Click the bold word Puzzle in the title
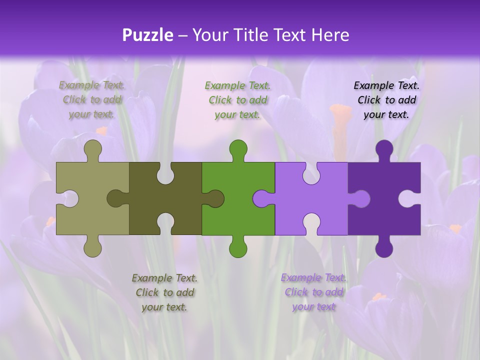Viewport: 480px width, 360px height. [148, 35]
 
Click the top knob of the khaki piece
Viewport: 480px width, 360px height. [93, 149]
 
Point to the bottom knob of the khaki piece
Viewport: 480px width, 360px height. [93, 247]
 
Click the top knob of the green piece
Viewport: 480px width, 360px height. [238, 149]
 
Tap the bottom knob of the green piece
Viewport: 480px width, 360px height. [238, 247]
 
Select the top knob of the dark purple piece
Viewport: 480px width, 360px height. [384, 149]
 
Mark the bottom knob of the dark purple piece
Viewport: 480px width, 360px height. [384, 247]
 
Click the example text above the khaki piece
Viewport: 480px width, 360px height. [92, 99]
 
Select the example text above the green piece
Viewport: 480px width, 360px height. [238, 99]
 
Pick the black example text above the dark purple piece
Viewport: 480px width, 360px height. [386, 99]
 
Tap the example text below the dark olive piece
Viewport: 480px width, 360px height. [164, 292]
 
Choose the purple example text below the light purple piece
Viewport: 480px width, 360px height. [313, 292]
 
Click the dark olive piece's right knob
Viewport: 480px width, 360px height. [215, 199]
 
